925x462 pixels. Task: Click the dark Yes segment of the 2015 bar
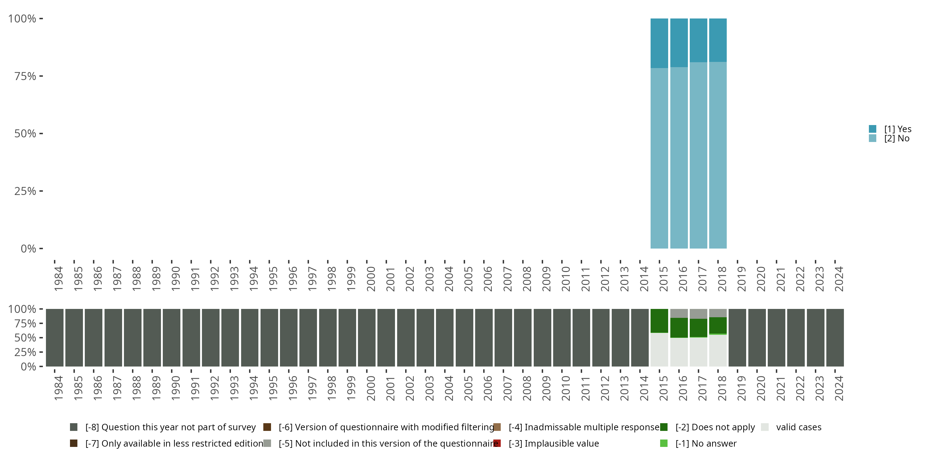(659, 43)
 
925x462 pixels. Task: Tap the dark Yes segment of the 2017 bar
(698, 40)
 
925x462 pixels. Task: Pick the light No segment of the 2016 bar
(679, 158)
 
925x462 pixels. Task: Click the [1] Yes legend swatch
(873, 129)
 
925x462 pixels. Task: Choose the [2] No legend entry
(896, 139)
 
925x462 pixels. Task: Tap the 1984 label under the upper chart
(59, 279)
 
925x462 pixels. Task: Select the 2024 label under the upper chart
(839, 279)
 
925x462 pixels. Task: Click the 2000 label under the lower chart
(371, 388)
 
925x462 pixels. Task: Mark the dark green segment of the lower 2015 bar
(659, 321)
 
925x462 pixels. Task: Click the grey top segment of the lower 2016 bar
(679, 313)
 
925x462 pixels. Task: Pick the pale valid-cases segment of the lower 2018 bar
(718, 351)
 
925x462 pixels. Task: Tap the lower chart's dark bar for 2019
(738, 338)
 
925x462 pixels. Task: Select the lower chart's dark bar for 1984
(55, 338)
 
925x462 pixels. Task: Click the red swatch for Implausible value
(497, 443)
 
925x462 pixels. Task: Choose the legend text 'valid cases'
(799, 427)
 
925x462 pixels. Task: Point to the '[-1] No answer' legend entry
(705, 443)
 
